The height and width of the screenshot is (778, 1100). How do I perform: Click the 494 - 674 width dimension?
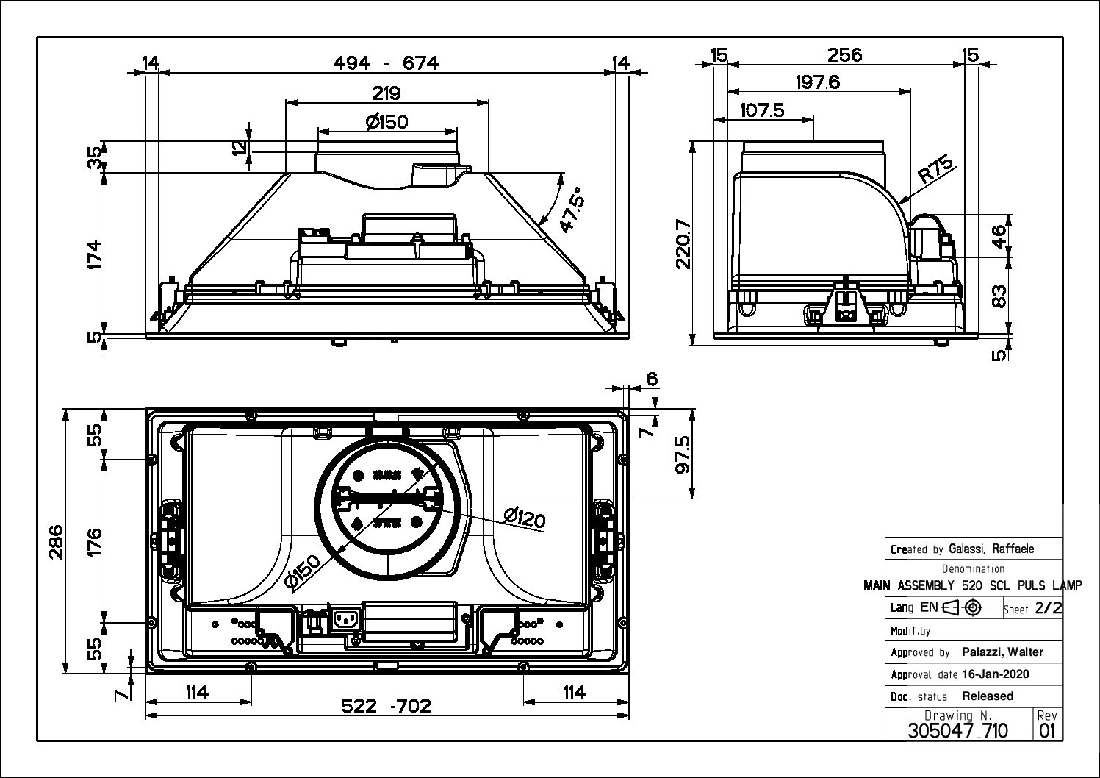[x=386, y=63]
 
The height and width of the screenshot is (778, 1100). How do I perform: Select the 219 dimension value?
[x=386, y=93]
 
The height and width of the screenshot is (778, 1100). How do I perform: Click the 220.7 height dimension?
[x=683, y=243]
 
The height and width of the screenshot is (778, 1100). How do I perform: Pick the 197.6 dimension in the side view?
[x=817, y=82]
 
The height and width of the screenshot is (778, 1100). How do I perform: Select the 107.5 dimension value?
[x=762, y=110]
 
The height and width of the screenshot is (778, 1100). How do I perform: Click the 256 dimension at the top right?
[x=844, y=54]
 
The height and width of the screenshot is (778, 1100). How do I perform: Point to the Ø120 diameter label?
[x=525, y=518]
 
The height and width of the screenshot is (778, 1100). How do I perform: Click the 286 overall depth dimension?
[x=56, y=541]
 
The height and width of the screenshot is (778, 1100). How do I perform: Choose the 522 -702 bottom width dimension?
[x=386, y=706]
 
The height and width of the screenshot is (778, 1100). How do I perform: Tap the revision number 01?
[x=1047, y=730]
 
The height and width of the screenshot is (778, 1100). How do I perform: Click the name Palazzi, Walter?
[x=1002, y=652]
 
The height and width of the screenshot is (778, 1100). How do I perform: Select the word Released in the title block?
[x=988, y=696]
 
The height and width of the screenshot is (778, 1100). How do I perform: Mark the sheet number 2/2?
[x=1048, y=608]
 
